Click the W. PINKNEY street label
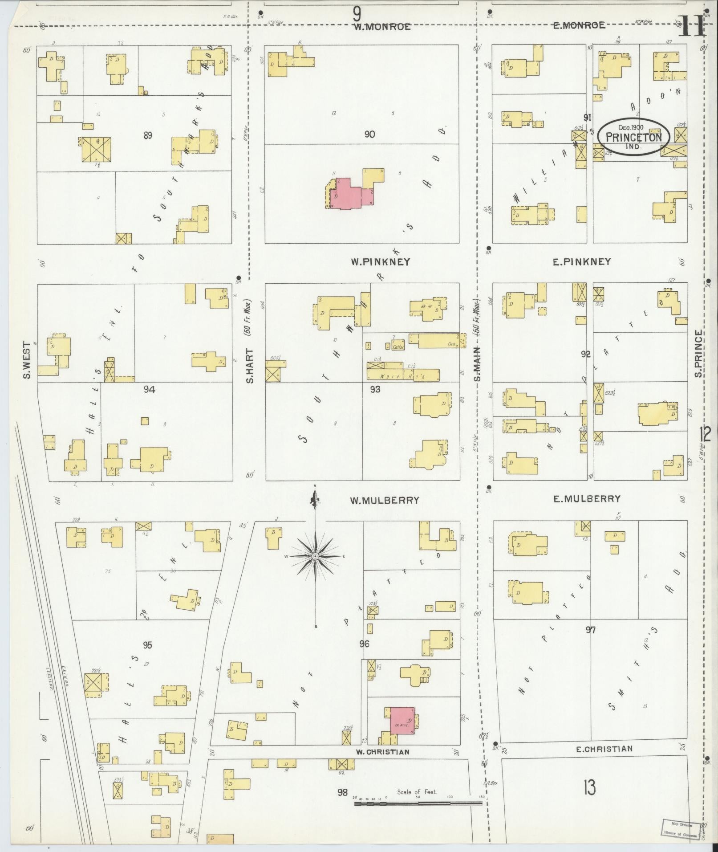(x=380, y=262)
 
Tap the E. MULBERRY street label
(x=587, y=499)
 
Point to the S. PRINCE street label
(x=699, y=353)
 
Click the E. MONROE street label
(x=579, y=25)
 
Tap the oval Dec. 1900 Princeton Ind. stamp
(x=633, y=137)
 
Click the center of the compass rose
(x=315, y=556)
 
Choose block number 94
(x=149, y=390)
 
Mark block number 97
(x=590, y=630)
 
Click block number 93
(x=375, y=390)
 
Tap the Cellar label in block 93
(x=398, y=347)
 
